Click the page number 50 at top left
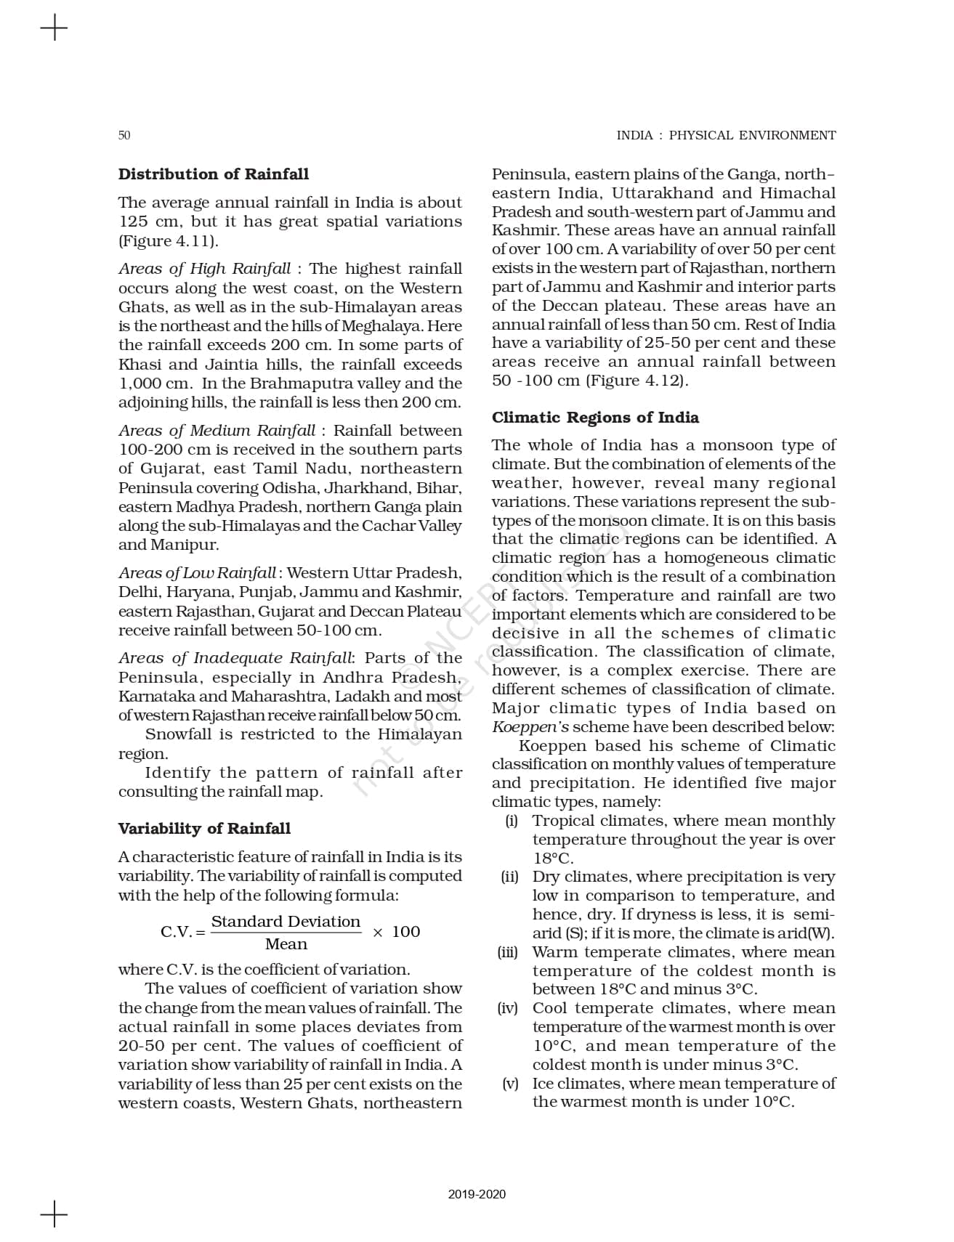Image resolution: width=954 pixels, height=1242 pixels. coord(124,135)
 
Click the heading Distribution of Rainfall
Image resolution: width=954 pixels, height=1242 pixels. coord(213,174)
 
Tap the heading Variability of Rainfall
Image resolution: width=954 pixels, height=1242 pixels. coord(204,829)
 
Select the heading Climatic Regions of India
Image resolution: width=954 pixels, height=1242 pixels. coord(595,418)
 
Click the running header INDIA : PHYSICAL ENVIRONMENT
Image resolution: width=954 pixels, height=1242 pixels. coord(726,135)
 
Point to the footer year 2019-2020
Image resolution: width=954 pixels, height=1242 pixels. coord(477,1194)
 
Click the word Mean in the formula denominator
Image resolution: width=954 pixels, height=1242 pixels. coord(286,944)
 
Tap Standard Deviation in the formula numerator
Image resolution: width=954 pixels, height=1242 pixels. coord(286,922)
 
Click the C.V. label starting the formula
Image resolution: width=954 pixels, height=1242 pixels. coord(177,932)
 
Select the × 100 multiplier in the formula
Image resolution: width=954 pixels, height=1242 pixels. coord(396,932)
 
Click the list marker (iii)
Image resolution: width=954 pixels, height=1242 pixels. coord(508,952)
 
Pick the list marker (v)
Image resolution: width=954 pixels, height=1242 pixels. coord(510,1084)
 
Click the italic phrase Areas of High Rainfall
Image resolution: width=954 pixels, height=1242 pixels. coord(204,269)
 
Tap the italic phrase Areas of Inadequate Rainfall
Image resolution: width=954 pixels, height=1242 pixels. coord(235,658)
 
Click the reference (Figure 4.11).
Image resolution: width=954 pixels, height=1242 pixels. coord(168,241)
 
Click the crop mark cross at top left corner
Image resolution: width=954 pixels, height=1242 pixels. coord(54,29)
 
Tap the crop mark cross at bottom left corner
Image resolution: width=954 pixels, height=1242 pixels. coord(54,1214)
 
